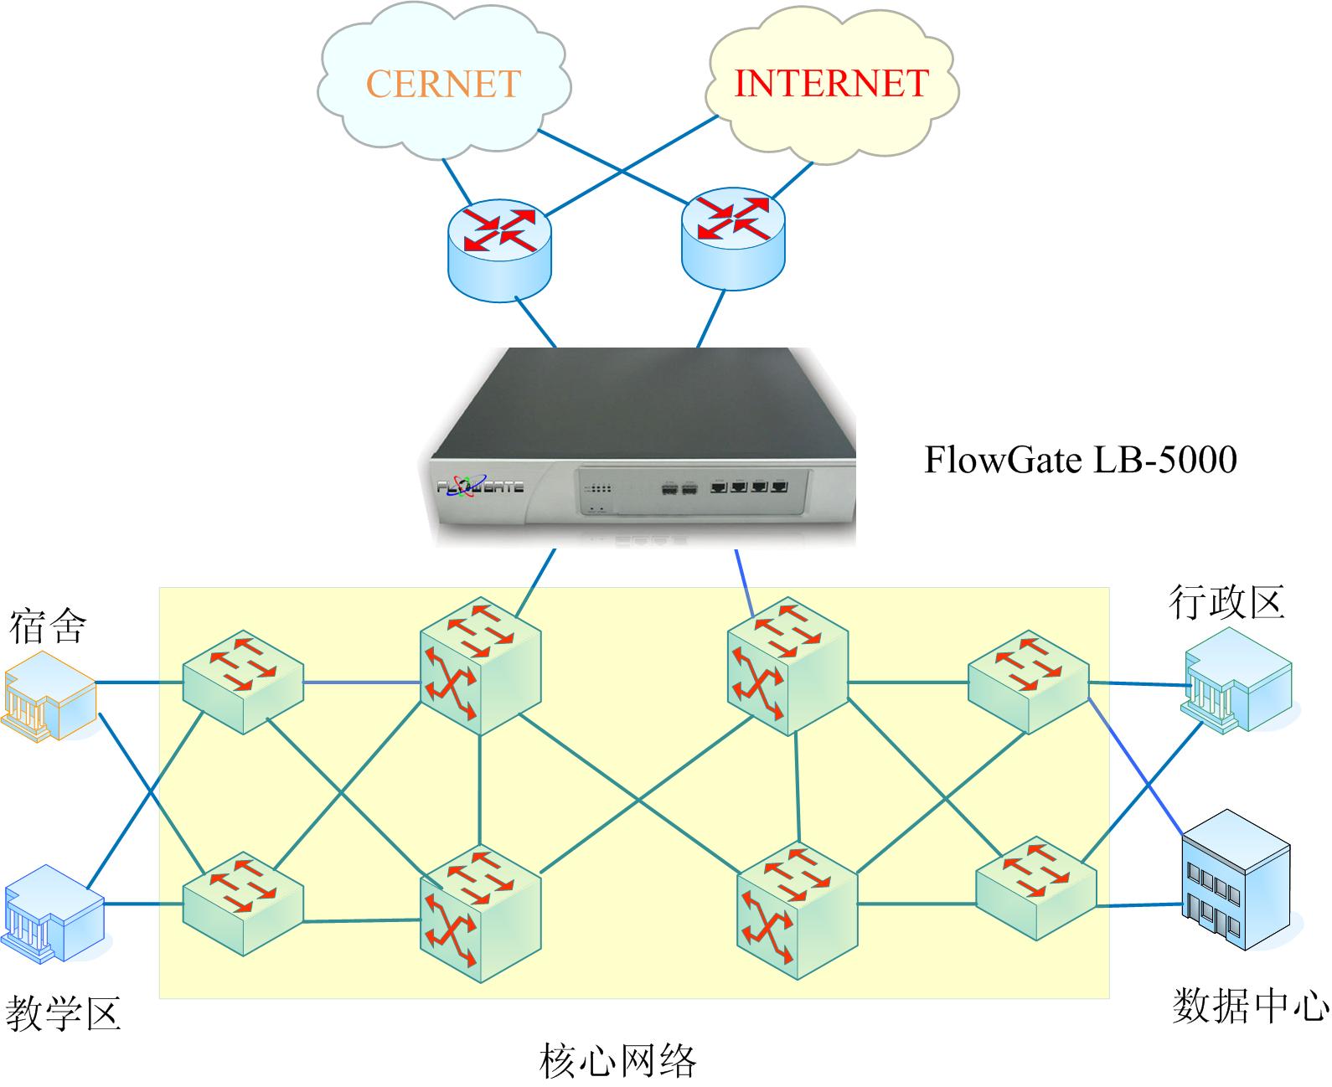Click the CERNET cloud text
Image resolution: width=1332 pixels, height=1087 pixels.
point(443,84)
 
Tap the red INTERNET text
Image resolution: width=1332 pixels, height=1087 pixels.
point(831,83)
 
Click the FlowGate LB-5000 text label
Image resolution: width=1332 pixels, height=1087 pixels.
point(1080,460)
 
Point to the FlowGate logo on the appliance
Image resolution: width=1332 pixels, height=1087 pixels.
point(481,485)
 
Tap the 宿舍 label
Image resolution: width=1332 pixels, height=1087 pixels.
point(48,626)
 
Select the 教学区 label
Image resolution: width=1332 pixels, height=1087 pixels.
point(64,1013)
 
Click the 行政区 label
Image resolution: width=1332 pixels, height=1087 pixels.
point(1226,602)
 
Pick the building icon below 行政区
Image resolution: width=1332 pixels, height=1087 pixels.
point(1237,682)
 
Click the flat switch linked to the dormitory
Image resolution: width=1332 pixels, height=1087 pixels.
point(242,681)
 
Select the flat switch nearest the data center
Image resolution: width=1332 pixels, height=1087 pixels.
point(1036,888)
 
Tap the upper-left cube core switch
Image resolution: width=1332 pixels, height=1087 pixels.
point(480,666)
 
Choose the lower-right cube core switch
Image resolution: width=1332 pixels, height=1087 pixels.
point(797,913)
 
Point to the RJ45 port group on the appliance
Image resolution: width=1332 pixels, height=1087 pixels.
point(748,485)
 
